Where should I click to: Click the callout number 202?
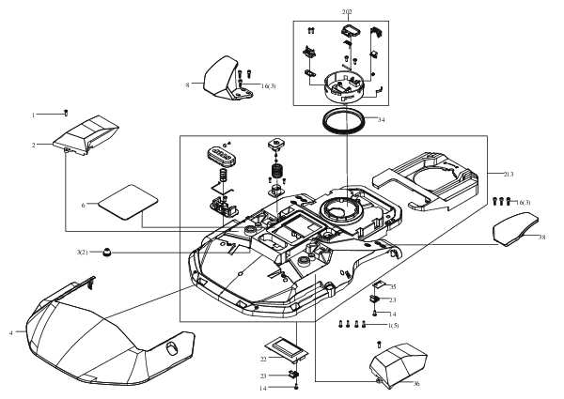click(x=347, y=12)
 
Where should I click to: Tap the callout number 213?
click(x=509, y=176)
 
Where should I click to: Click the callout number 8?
click(x=188, y=85)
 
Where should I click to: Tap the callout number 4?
click(x=11, y=332)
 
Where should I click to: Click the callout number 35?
click(x=393, y=286)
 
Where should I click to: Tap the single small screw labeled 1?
click(x=64, y=113)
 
